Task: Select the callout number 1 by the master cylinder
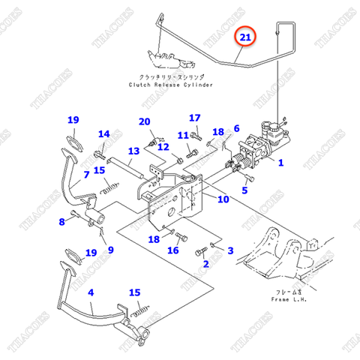pyautogui.click(x=280, y=161)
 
